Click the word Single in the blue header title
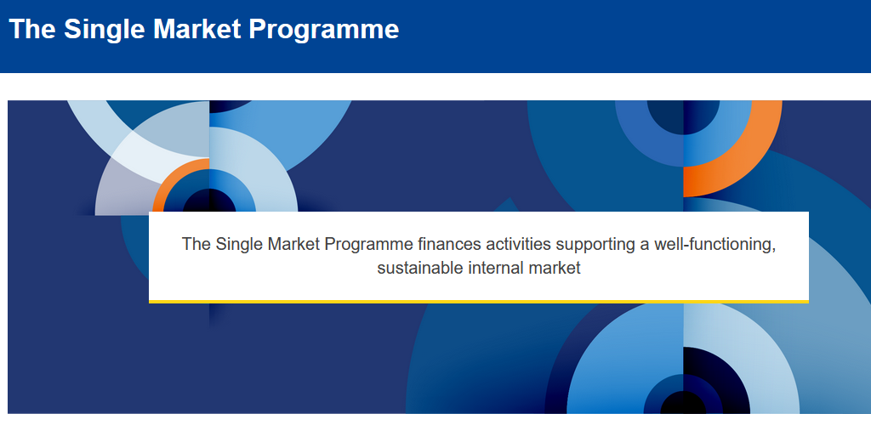[x=104, y=30]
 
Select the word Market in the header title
[x=196, y=29]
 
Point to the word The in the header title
[x=32, y=29]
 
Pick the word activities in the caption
[x=518, y=244]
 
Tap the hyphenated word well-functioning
[x=714, y=245]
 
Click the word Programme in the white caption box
[x=369, y=245]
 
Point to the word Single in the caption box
[x=239, y=245]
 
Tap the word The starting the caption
[x=196, y=244]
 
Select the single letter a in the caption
[x=645, y=246]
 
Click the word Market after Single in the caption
[x=293, y=244]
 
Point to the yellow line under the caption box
[x=479, y=302]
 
